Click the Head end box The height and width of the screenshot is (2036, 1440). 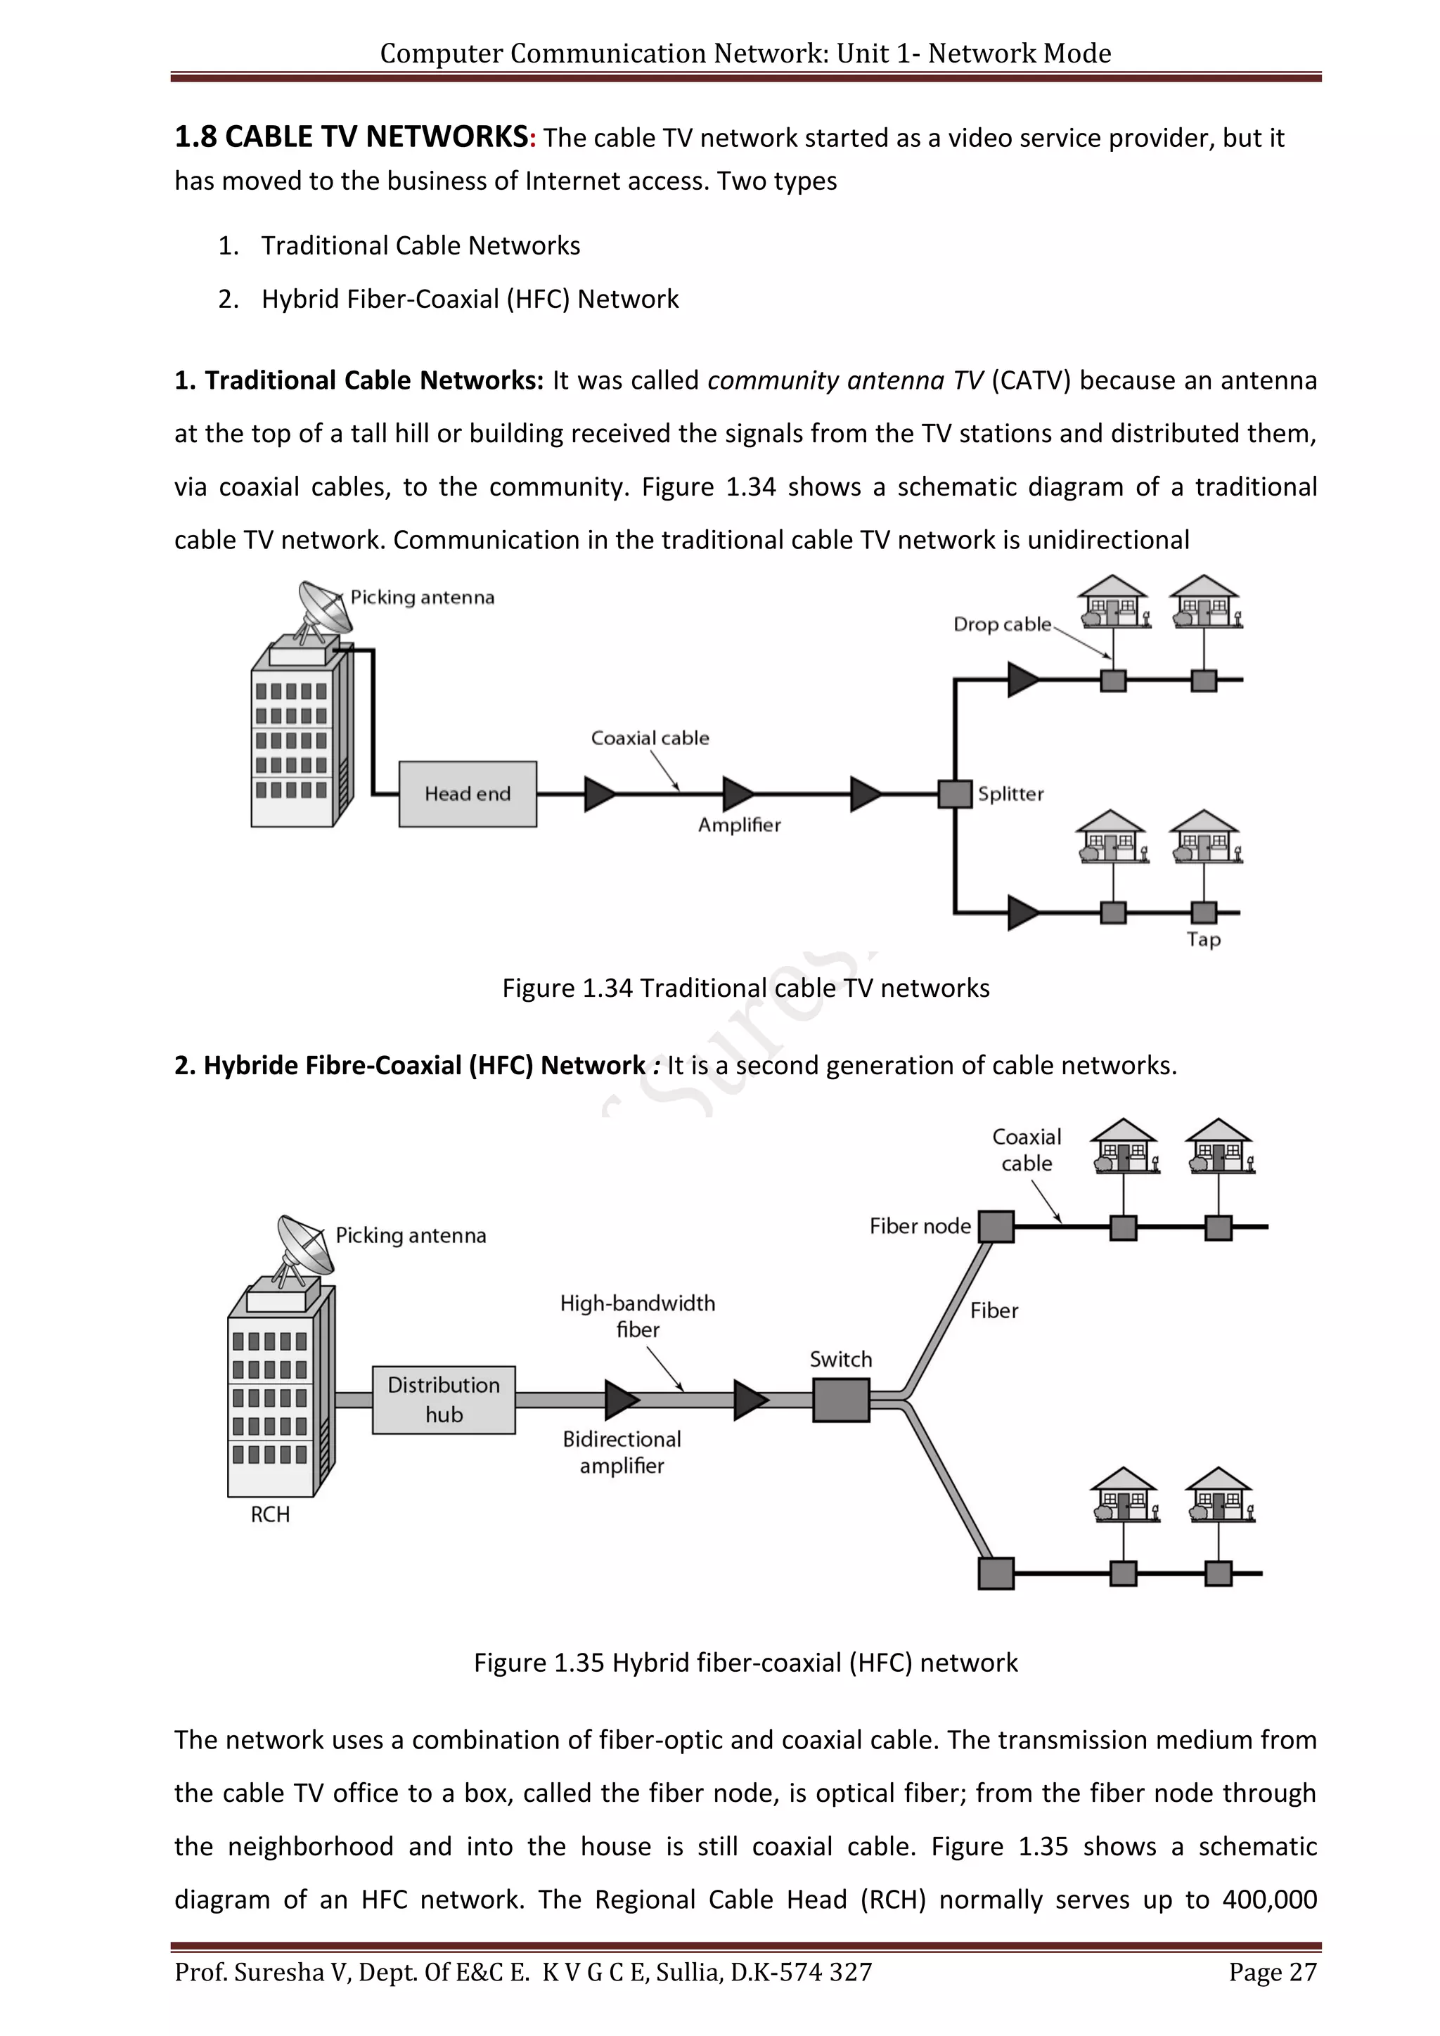click(468, 794)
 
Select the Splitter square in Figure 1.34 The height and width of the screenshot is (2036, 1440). click(955, 794)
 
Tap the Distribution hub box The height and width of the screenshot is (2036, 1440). click(444, 1399)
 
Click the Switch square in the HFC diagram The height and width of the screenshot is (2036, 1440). click(841, 1400)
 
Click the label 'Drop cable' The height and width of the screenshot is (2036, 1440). click(1002, 624)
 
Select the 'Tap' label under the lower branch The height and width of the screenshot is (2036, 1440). click(1203, 939)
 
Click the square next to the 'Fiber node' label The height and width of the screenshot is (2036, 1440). click(996, 1226)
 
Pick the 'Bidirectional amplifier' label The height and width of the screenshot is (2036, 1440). click(622, 1452)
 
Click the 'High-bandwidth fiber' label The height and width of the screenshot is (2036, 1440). click(638, 1316)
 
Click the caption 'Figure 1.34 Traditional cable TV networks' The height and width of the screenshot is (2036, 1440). click(746, 988)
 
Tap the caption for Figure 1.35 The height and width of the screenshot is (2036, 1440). click(746, 1662)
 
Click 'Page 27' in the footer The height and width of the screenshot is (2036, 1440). click(1273, 1972)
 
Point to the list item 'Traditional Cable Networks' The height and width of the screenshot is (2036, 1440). click(420, 245)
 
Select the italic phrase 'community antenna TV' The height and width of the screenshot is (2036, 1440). click(845, 380)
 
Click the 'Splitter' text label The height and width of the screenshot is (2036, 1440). click(1011, 794)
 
